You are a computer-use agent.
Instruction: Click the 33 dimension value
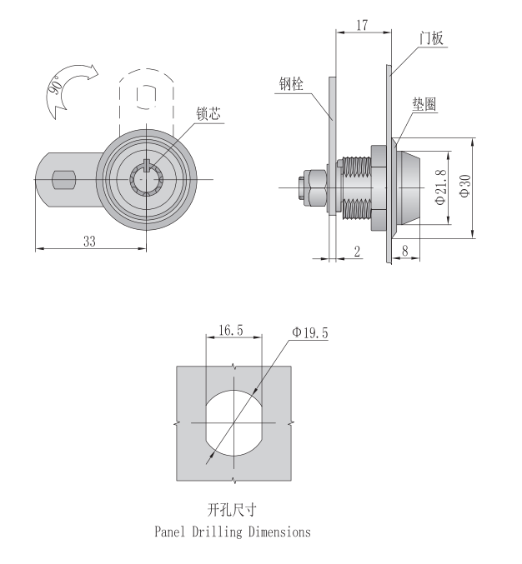89,242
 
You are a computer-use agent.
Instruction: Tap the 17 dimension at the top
362,26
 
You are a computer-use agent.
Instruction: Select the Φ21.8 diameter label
440,187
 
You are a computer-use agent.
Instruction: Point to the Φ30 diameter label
464,186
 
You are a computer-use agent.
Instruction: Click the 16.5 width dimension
231,330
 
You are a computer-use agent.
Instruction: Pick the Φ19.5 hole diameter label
310,332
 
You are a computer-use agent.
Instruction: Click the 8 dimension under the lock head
405,251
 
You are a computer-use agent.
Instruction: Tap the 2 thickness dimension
357,251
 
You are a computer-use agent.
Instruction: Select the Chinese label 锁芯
208,113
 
